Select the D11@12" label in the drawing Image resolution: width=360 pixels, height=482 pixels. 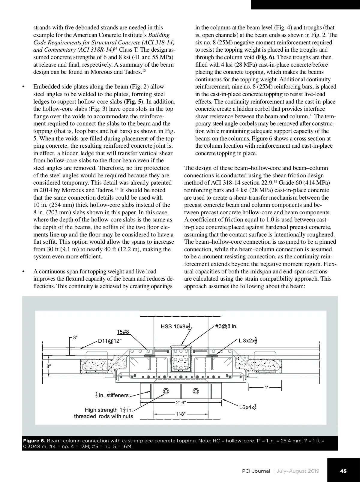pyautogui.click(x=110, y=341)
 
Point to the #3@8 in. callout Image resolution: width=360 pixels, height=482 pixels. pyautogui.click(x=226, y=326)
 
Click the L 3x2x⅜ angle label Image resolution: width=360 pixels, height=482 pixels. pyautogui.click(x=247, y=341)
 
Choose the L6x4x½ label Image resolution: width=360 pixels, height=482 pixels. pyautogui.click(x=247, y=407)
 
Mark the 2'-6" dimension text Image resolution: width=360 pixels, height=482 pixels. pyautogui.click(x=181, y=403)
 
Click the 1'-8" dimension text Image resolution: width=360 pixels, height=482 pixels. pyautogui.click(x=181, y=414)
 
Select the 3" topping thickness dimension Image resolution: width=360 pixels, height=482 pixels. pyautogui.click(x=75, y=337)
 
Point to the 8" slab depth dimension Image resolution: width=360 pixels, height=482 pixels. pyautogui.click(x=49, y=366)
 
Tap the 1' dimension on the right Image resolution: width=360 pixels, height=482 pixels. pyautogui.click(x=266, y=387)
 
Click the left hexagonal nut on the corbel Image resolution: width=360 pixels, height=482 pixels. pyautogui.click(x=165, y=391)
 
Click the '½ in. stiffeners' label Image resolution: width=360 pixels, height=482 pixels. pyautogui.click(x=112, y=395)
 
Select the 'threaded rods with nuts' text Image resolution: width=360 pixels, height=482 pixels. pyautogui.click(x=103, y=416)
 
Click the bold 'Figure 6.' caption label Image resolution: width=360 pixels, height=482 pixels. pyautogui.click(x=34, y=441)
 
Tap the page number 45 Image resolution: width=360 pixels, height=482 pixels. pyautogui.click(x=343, y=471)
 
